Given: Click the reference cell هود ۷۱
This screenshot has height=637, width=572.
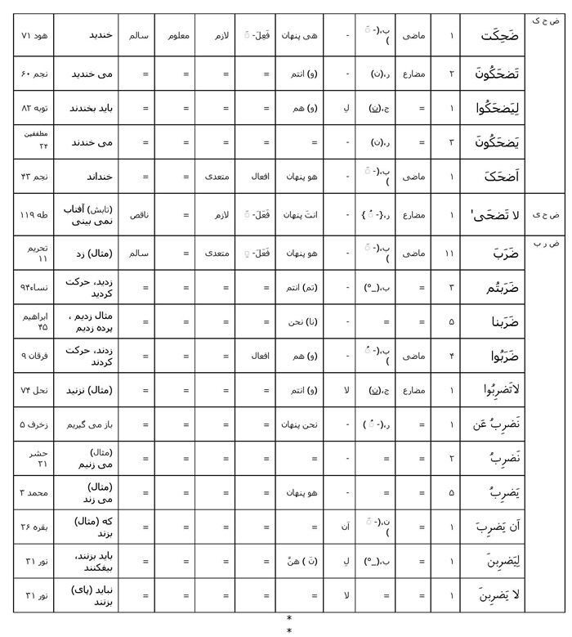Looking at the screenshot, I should coord(36,35).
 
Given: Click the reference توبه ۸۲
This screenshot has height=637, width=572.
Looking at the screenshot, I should coord(36,108).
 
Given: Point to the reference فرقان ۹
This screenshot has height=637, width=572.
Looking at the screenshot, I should coord(36,357).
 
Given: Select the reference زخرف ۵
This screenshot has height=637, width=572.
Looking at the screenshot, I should coord(36,424).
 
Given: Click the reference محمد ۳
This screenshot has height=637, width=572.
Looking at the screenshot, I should coord(36,493).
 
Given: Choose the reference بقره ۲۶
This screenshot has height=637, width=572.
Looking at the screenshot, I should coord(36,527).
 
